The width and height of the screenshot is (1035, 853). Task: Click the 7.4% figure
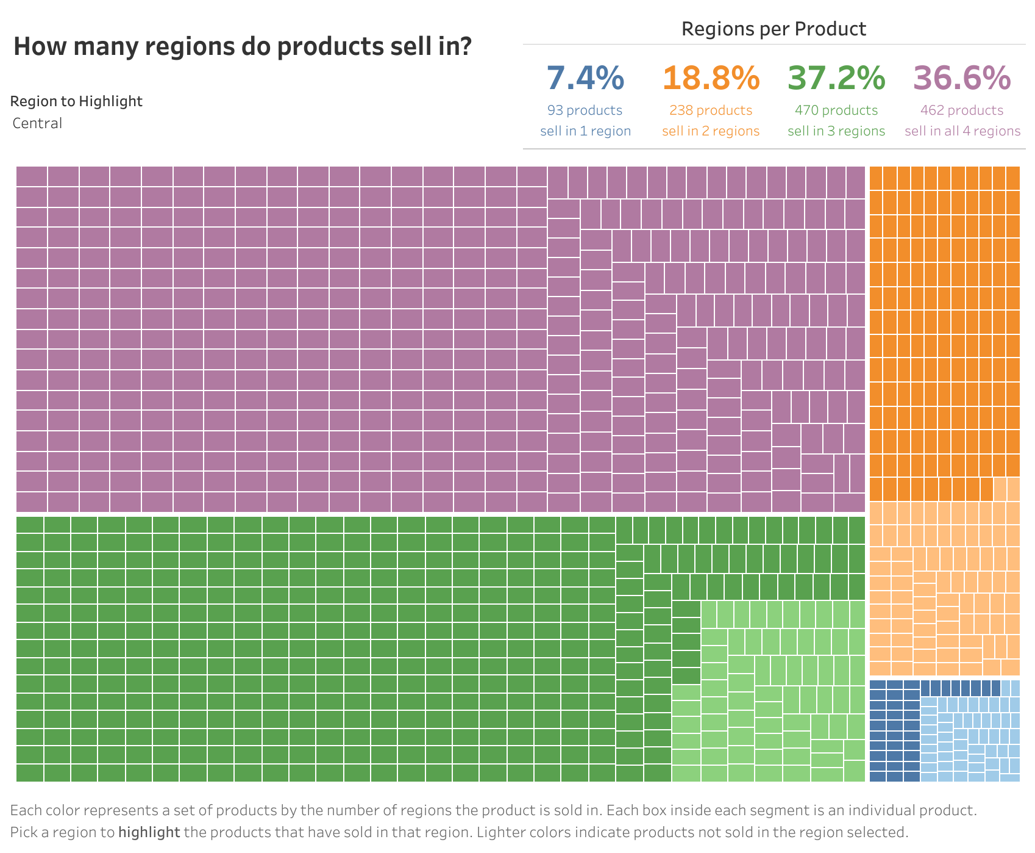click(585, 78)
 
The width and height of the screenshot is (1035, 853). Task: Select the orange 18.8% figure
click(711, 78)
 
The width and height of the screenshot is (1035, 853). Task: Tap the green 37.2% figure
click(836, 78)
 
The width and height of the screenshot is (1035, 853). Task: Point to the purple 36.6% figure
click(962, 78)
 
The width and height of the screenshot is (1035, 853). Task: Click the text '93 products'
click(585, 110)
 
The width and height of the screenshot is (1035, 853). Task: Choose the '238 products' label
click(711, 110)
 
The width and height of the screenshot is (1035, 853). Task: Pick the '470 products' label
click(836, 110)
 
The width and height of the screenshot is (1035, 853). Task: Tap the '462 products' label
click(962, 110)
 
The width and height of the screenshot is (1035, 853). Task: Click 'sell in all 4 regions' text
click(962, 131)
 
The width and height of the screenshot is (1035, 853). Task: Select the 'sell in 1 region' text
click(585, 131)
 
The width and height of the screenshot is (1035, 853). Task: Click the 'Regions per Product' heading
click(774, 29)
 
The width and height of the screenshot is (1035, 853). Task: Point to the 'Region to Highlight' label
click(76, 101)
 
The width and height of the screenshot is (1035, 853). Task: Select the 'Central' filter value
click(37, 123)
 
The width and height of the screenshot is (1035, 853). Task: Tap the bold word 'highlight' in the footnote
click(149, 832)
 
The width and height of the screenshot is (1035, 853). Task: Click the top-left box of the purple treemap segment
click(32, 176)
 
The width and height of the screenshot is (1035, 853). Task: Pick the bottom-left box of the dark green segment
click(29, 773)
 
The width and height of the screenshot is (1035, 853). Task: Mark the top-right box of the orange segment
click(1012, 178)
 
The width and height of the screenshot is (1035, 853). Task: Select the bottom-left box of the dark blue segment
click(877, 776)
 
